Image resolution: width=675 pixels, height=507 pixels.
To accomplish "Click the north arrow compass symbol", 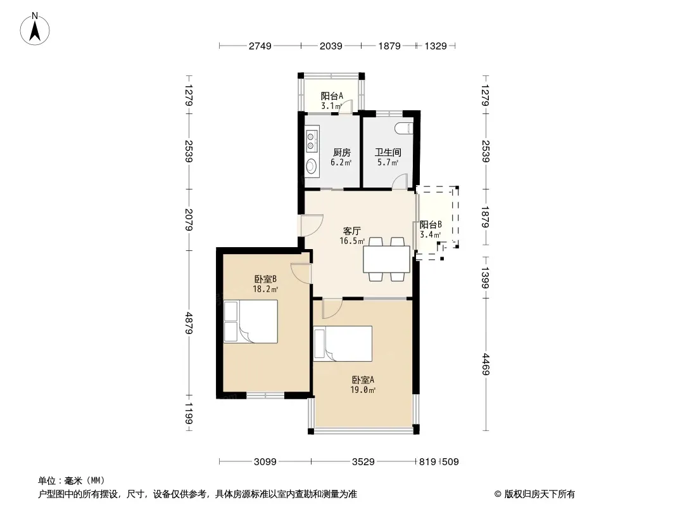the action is pos(35,29).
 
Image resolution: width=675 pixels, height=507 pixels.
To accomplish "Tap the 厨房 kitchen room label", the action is pos(342,153).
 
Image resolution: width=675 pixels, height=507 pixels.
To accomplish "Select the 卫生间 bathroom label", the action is pos(388,153).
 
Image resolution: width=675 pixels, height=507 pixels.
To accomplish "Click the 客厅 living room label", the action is pos(351,231).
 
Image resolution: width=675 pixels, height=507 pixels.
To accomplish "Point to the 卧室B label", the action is pos(265,279).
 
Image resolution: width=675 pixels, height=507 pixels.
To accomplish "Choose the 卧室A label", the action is pos(363,380).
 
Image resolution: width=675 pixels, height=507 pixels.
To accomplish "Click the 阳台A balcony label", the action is pos(332,96).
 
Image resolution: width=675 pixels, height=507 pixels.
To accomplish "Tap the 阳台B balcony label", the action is pos(431,224).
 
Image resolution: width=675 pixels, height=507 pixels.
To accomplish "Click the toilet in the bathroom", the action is pos(404,128).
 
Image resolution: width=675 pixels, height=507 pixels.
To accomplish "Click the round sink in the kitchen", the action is pos(312,165).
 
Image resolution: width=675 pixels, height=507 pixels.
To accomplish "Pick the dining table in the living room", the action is pos(387,259).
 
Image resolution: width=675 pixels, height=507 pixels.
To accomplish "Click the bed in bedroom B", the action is pos(251,322).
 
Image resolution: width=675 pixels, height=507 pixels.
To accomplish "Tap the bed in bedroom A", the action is pos(343,343).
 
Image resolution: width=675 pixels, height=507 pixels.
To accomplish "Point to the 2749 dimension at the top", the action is pos(260,46).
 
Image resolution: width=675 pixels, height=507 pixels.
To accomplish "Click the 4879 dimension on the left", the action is pos(189,323).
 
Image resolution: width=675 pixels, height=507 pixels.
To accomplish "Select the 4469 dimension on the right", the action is pos(486,364).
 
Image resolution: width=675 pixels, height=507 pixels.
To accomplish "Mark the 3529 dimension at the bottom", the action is pos(363,462).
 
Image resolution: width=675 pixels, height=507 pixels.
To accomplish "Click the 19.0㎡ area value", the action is pos(363,390).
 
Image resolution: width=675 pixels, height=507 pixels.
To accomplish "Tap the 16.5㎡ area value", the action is pos(352,241).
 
